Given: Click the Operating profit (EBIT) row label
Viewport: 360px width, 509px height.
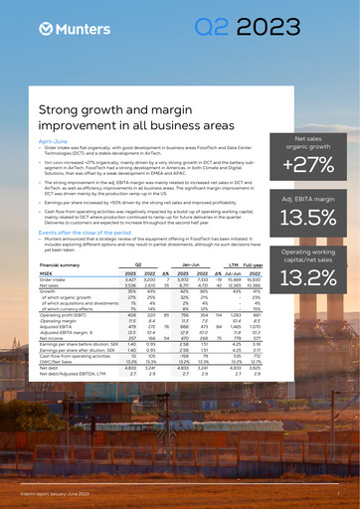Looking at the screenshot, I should pyautogui.click(x=65, y=316).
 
